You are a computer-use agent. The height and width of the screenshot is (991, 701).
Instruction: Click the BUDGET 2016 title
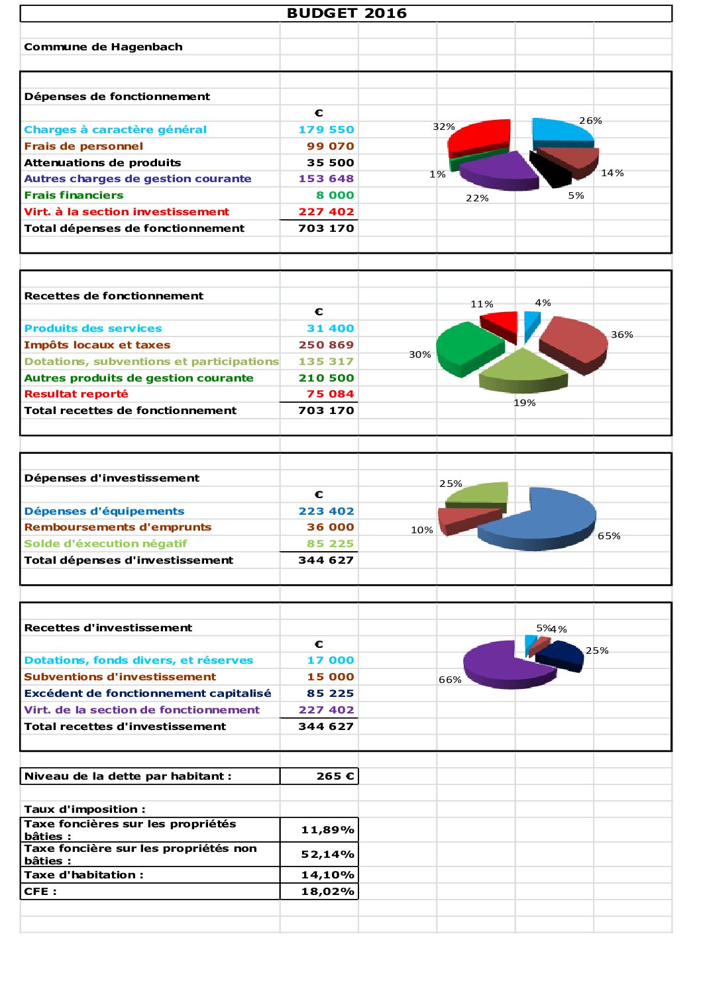(346, 13)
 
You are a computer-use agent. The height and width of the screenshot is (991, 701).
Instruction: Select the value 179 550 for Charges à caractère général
(326, 130)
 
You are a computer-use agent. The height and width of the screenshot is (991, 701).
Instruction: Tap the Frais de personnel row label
(83, 146)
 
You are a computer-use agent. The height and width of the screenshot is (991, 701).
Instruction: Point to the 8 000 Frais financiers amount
(335, 195)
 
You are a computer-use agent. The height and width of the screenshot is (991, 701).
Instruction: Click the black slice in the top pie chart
(552, 170)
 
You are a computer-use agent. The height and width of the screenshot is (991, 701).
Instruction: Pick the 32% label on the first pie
(443, 127)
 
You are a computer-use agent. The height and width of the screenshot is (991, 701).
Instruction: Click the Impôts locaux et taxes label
(97, 345)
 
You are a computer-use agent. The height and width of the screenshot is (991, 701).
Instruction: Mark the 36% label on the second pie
(621, 335)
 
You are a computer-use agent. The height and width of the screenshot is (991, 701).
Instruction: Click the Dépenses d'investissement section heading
(111, 478)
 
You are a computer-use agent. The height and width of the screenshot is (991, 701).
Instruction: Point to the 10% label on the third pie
(421, 530)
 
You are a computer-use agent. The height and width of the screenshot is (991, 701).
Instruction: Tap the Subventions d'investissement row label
(120, 677)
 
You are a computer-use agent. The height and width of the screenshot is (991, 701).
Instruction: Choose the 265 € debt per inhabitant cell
(335, 776)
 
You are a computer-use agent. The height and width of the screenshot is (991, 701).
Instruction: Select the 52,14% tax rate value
(327, 855)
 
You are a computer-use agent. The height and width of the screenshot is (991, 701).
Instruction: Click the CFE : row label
(40, 892)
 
